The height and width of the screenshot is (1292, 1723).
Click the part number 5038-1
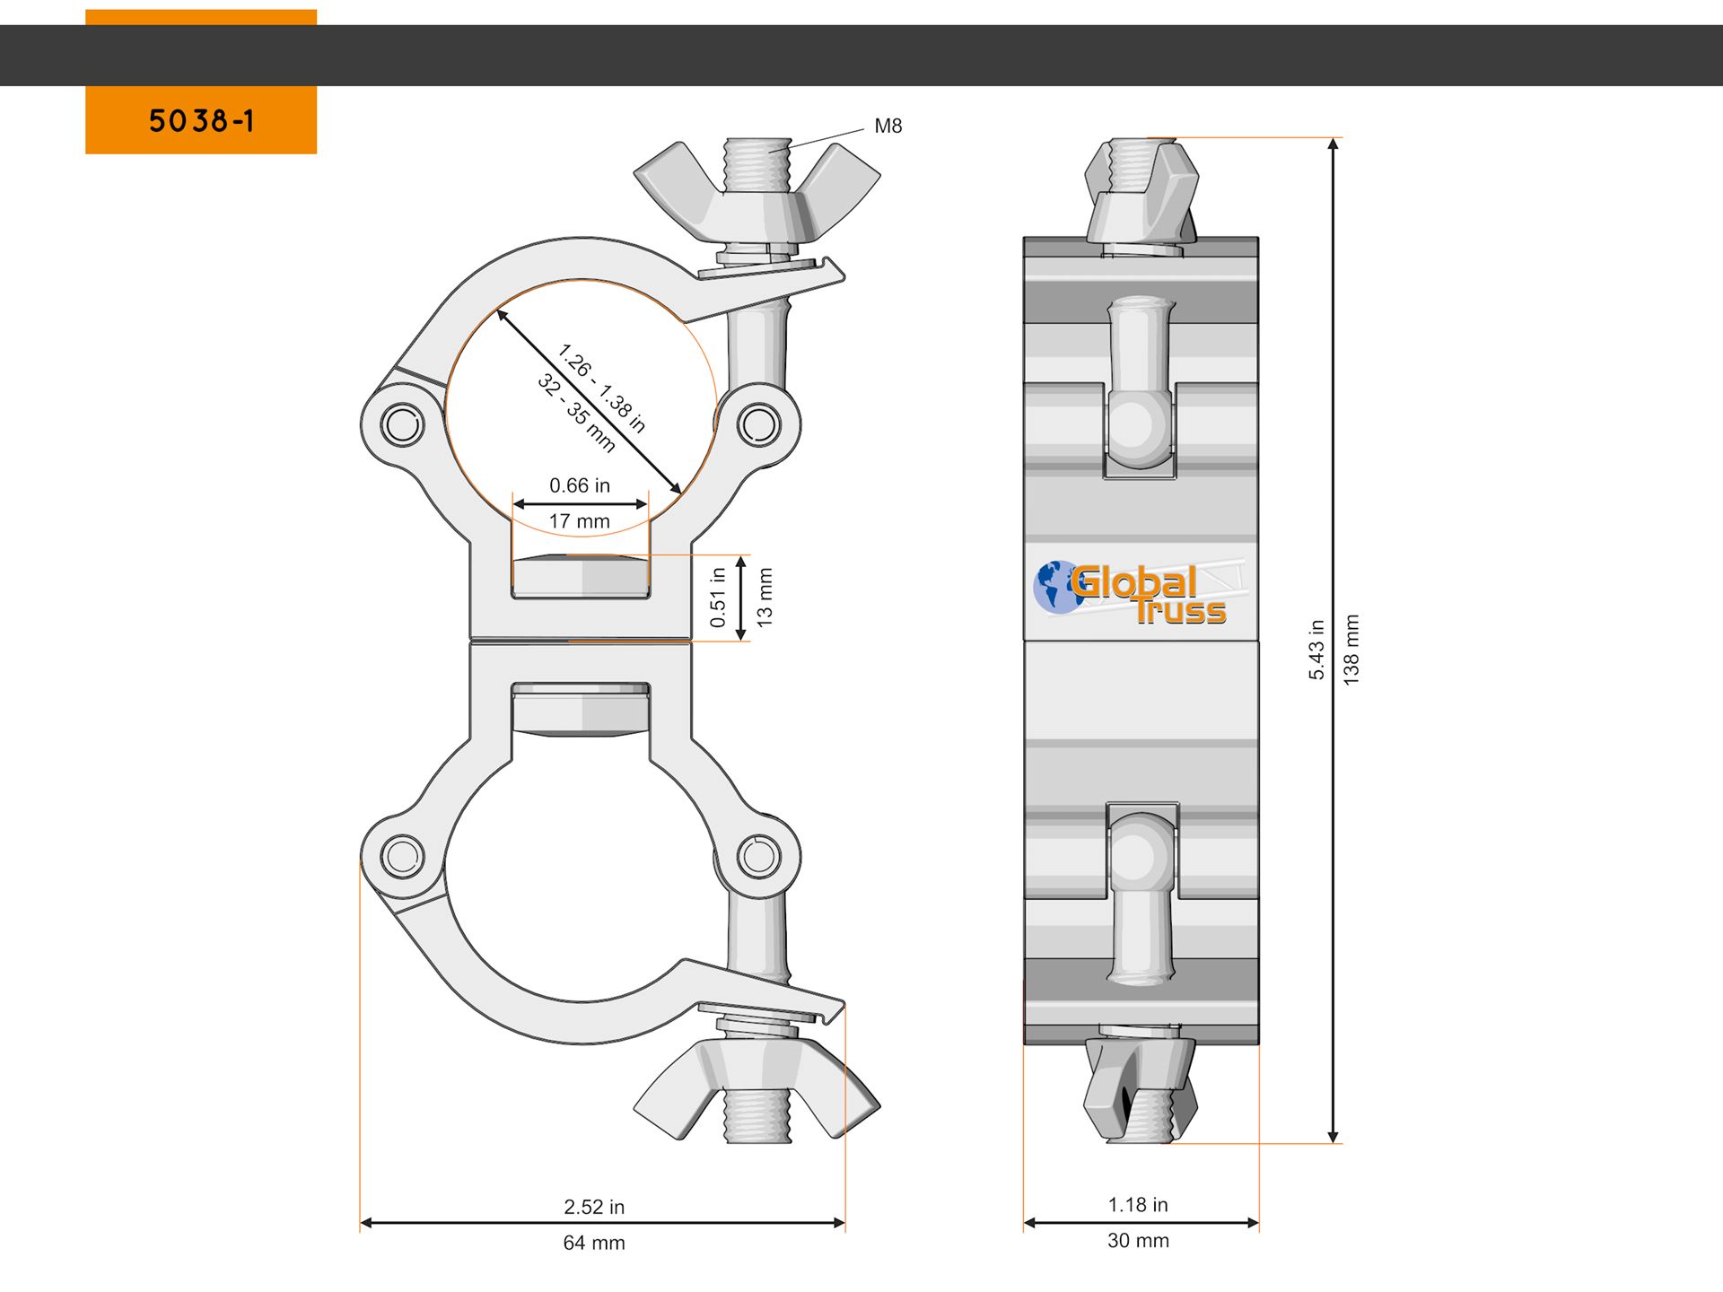pos(201,121)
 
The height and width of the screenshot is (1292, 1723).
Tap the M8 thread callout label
pos(888,127)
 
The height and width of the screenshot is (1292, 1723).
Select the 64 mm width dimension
pos(594,1243)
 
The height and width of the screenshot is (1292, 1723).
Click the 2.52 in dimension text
pos(594,1207)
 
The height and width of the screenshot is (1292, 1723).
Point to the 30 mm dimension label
pos(1138,1241)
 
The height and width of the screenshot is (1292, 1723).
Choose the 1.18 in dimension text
pos(1138,1205)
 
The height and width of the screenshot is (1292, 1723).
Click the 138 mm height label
pos(1351,650)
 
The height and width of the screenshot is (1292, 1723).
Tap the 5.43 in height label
pos(1316,650)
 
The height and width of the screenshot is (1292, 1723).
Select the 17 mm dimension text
pos(580,521)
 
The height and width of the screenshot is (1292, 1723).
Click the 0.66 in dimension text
pos(580,485)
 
